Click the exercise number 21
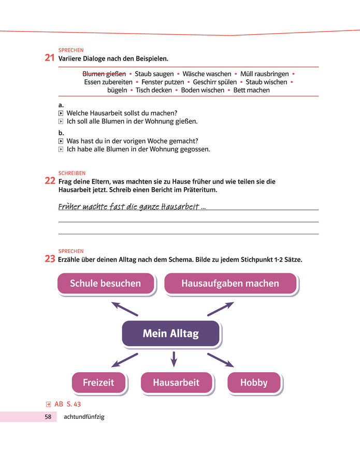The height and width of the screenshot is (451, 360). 50,58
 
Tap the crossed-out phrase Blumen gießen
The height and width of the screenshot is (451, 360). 104,74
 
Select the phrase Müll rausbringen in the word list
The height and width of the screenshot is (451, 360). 264,74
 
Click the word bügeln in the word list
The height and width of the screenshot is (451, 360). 117,90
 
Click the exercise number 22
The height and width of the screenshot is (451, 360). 50,181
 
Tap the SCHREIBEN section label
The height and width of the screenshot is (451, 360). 72,173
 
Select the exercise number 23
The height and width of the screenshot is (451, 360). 50,259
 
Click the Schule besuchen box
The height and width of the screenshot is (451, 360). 105,283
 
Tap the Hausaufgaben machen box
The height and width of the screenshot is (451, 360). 230,283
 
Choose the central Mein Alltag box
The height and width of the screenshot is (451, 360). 170,334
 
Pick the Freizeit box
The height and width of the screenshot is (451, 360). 98,383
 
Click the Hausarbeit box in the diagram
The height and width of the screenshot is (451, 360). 176,383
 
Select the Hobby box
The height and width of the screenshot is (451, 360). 254,383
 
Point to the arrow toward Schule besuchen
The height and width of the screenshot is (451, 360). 124,308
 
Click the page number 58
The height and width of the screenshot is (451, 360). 48,417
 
